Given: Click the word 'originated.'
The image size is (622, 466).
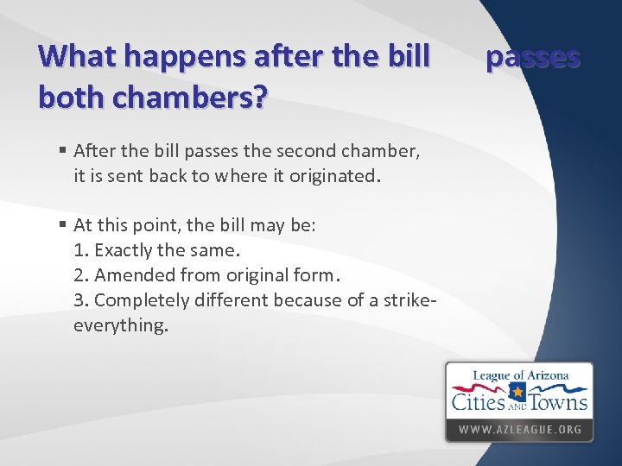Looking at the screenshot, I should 332,177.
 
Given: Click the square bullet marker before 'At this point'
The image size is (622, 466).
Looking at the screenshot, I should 63,226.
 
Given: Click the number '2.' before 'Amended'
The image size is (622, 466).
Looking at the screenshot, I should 82,275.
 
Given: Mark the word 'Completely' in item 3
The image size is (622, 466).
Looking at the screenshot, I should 136,300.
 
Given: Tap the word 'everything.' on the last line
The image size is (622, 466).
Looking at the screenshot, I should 121,325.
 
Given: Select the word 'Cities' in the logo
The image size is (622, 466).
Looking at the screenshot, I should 478,401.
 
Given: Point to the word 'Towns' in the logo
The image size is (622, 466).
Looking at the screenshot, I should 558,401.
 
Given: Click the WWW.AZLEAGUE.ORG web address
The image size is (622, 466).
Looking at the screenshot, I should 519,429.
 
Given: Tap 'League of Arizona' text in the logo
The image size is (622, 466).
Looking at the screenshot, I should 520,375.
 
